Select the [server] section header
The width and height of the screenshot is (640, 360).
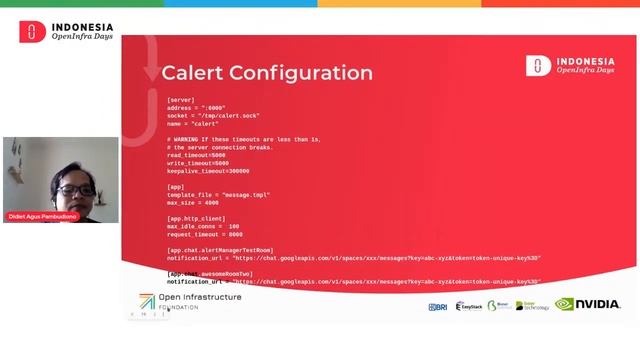[181, 99]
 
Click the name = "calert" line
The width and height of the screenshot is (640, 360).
[192, 123]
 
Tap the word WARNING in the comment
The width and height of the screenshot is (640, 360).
[193, 139]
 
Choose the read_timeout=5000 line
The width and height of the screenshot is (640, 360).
[197, 155]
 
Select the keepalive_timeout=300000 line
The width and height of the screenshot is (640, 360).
[208, 171]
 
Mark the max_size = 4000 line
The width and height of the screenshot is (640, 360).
[192, 202]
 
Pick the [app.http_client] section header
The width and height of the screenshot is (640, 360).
[196, 218]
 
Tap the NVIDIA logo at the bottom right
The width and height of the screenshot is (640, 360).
[589, 304]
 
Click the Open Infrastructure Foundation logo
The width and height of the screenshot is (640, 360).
[190, 301]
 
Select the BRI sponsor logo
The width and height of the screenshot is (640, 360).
[437, 306]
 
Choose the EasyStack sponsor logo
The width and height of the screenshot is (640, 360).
[469, 306]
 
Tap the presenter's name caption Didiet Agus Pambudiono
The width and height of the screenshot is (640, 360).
[44, 217]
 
